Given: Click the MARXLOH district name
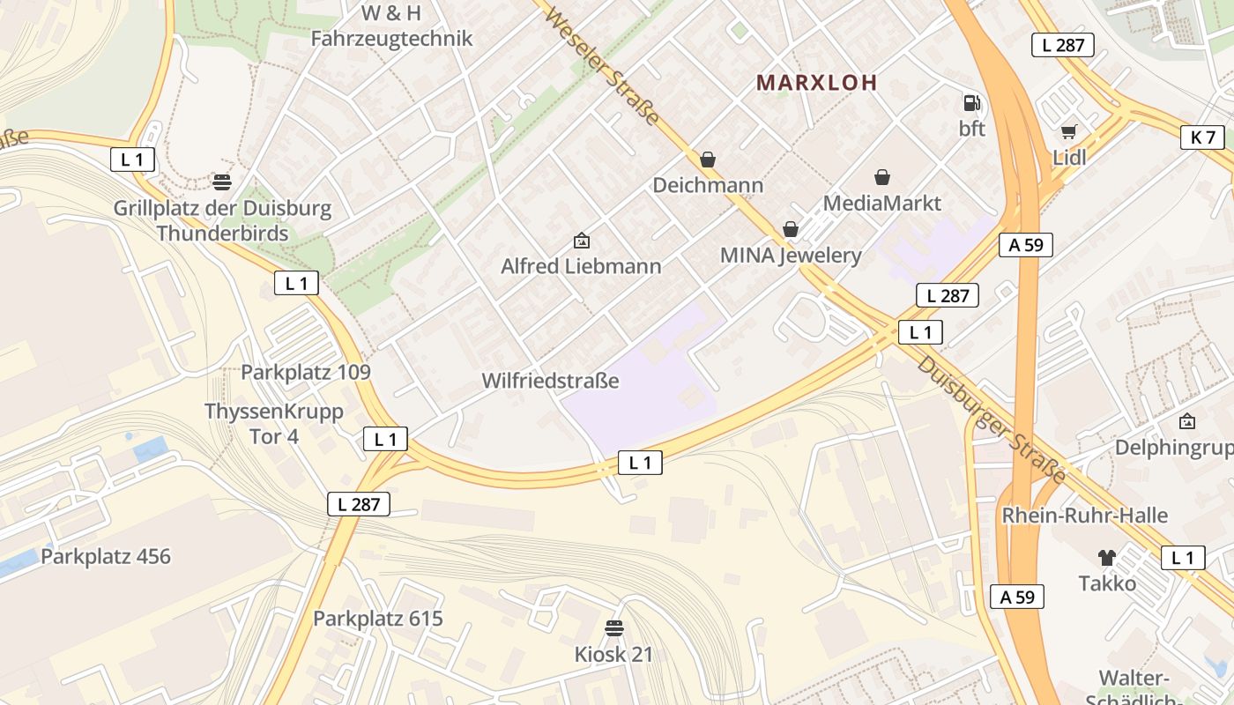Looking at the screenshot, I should tap(817, 83).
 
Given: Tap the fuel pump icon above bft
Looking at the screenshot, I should tap(971, 103).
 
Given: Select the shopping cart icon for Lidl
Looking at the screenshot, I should tap(1069, 132).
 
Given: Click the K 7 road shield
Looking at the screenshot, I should tap(1202, 137).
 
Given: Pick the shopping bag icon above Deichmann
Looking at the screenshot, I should tap(707, 160).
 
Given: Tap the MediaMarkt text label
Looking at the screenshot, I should tap(881, 204).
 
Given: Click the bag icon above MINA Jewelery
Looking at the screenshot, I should tap(791, 229).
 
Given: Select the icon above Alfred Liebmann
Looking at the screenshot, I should tap(581, 240).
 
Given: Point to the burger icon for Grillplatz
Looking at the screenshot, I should tap(222, 182).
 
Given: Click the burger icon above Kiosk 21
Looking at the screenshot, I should tap(613, 628).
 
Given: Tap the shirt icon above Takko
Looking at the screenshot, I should tap(1107, 557).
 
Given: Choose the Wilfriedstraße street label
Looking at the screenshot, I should tap(550, 381).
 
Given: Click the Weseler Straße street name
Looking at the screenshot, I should tap(602, 66).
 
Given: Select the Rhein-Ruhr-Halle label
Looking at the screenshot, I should tap(1084, 516).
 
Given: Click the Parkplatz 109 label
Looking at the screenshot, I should tap(306, 372).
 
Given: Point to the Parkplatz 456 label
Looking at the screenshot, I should tap(106, 557).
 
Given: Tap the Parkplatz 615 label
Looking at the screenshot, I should tap(378, 619).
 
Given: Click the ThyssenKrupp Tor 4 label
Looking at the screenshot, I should tap(274, 424).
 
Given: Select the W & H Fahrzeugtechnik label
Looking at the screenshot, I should tap(391, 26).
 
